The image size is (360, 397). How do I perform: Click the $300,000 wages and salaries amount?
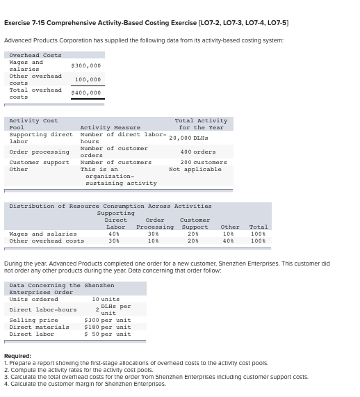tap(86, 65)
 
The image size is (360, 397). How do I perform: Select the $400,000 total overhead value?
tap(86, 92)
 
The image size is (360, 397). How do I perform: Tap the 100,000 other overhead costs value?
tap(88, 79)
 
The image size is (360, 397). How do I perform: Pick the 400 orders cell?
tap(198, 152)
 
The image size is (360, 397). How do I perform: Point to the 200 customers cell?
tap(198, 162)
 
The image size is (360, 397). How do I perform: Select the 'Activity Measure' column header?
tap(111, 128)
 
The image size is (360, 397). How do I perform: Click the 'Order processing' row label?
tap(39, 152)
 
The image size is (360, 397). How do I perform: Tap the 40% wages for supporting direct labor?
tap(114, 234)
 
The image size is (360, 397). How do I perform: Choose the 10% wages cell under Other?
tap(228, 234)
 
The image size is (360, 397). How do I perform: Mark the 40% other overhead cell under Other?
tap(228, 241)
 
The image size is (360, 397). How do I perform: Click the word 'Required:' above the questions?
tap(17, 355)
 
